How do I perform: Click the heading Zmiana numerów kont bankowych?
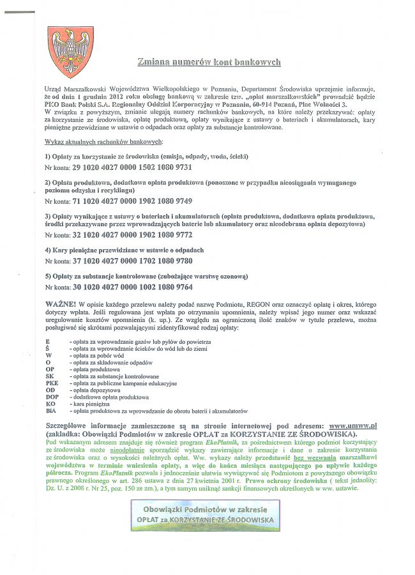click(x=209, y=62)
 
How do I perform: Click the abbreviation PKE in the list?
click(x=52, y=383)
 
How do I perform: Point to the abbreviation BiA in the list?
click(x=51, y=411)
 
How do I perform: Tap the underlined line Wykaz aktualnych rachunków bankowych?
click(x=104, y=141)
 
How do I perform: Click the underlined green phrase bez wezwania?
click(x=315, y=457)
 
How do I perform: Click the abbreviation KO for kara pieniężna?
click(x=50, y=404)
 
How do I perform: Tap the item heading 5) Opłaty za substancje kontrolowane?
click(x=138, y=276)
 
